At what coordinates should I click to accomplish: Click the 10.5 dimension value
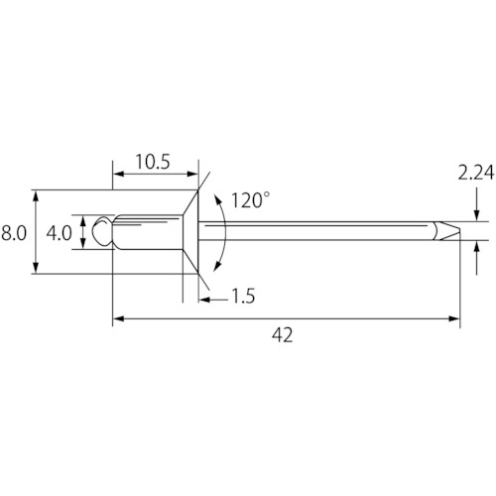tap(153, 162)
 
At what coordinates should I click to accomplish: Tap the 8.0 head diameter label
tap(13, 233)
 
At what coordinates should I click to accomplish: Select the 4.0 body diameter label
tap(59, 233)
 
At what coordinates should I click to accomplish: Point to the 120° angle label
tap(250, 200)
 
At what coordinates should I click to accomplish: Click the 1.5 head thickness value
tap(243, 296)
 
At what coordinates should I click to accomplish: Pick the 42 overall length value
tap(283, 335)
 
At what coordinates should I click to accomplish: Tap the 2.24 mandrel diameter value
tap(476, 173)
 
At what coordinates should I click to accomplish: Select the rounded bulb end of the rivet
tap(103, 231)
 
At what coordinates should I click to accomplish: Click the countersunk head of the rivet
tap(190, 232)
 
